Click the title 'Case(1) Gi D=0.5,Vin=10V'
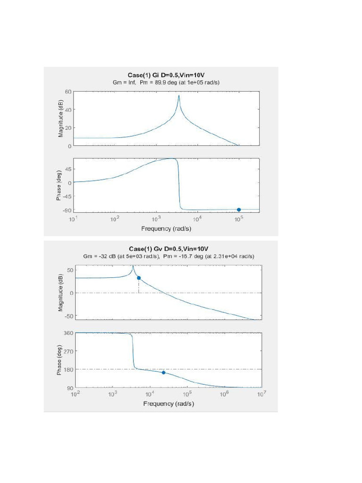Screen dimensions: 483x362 [x=166, y=75]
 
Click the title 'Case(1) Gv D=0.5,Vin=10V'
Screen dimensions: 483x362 [x=168, y=249]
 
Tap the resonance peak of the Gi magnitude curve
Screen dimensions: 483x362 [x=179, y=96]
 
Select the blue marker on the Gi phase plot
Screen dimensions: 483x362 [x=239, y=209]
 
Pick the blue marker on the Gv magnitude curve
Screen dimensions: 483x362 [x=139, y=278]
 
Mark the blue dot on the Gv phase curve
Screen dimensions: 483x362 [x=164, y=373]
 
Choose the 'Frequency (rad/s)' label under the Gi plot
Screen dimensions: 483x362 [x=166, y=229]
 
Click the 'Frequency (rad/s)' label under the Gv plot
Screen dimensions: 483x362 [x=168, y=404]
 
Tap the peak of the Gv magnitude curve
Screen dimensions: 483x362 [x=132, y=266]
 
